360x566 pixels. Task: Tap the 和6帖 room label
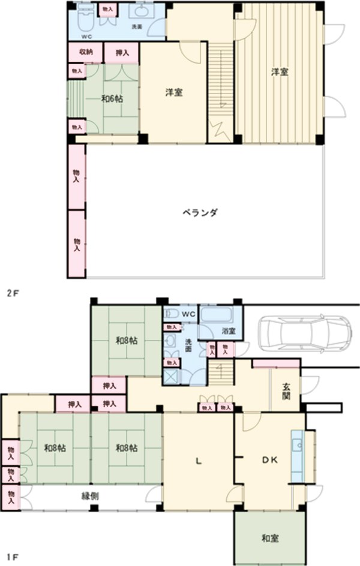[x=112, y=98]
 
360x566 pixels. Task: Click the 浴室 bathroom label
[x=228, y=331]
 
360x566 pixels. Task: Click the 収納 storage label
[x=86, y=52]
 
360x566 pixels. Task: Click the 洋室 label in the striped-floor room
[x=279, y=72]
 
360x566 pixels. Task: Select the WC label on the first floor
[x=188, y=313]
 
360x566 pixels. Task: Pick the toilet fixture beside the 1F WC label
[x=170, y=313]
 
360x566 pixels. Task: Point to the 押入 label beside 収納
[x=122, y=53]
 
